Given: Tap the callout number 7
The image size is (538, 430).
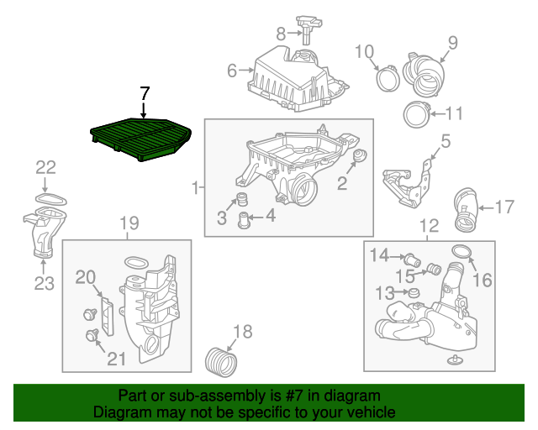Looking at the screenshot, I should pyautogui.click(x=144, y=93).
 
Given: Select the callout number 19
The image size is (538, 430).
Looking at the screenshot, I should pyautogui.click(x=128, y=223).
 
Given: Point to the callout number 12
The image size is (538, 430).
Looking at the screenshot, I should pyautogui.click(x=429, y=225).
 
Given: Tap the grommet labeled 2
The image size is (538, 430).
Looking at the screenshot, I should pyautogui.click(x=359, y=157).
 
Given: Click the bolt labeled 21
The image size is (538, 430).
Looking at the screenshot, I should pyautogui.click(x=92, y=336).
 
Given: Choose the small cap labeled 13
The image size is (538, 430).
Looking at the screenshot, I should pyautogui.click(x=413, y=291).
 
